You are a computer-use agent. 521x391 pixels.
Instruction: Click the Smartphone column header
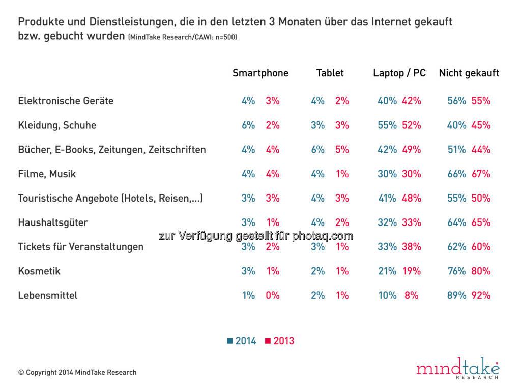tap(260, 73)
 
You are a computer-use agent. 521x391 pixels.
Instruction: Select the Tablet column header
tap(330, 73)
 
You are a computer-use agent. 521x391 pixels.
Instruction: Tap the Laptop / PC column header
tap(399, 73)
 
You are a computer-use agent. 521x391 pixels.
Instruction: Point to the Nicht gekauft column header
tap(469, 73)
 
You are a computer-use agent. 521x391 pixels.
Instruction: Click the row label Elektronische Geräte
tap(66, 101)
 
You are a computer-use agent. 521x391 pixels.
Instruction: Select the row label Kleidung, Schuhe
tap(57, 125)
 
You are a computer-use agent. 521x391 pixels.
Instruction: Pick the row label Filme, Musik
tap(47, 174)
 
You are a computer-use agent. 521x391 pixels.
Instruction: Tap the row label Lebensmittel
tap(48, 296)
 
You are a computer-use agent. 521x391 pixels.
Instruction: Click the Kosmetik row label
tap(39, 271)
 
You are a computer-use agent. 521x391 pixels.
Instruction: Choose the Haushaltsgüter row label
tap(53, 222)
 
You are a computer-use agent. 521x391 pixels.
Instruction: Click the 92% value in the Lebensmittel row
tap(481, 295)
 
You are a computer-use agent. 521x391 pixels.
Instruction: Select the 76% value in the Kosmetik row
tap(456, 271)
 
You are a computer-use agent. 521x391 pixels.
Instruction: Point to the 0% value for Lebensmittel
tap(272, 295)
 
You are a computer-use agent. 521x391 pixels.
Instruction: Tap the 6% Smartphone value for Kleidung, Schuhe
tap(248, 125)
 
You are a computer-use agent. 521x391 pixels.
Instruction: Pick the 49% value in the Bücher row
tap(411, 150)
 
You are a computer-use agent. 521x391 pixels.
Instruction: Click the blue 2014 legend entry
tap(242, 341)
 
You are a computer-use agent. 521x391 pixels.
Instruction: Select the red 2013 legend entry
tap(280, 341)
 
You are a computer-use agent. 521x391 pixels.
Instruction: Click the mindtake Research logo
tap(458, 368)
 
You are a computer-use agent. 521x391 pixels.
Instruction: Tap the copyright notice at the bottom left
tap(77, 372)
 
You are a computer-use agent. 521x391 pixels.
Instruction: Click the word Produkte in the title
tap(39, 22)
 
